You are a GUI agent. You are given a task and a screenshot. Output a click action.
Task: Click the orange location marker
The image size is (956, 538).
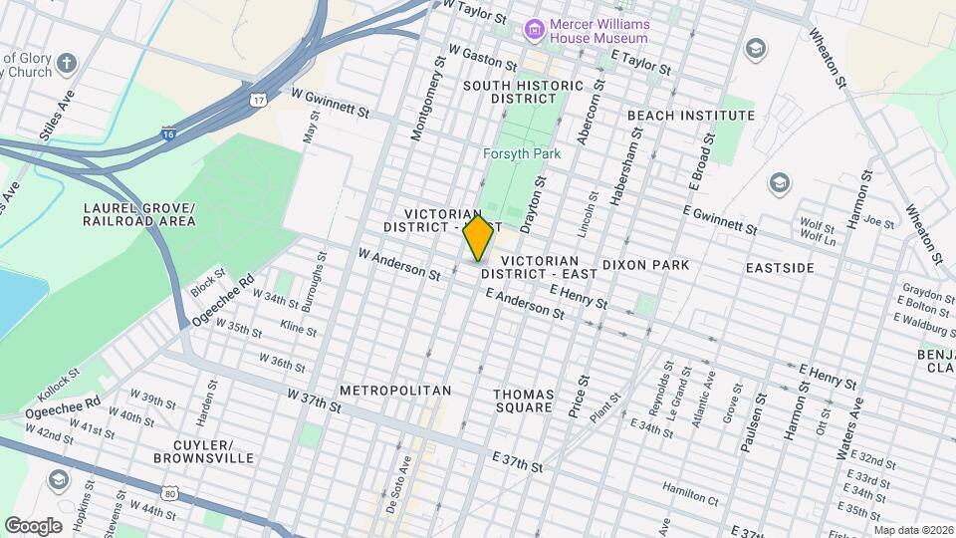pos(478,237)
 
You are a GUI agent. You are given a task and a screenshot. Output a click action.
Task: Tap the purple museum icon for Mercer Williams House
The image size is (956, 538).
pos(535,30)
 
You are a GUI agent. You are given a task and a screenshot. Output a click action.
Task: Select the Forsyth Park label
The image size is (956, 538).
pos(521,153)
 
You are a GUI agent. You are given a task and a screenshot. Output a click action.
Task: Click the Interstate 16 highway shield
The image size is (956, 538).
pos(169,132)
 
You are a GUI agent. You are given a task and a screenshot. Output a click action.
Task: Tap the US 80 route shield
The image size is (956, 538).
pos(171,492)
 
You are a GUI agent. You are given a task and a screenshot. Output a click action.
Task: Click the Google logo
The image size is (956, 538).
pos(32,526)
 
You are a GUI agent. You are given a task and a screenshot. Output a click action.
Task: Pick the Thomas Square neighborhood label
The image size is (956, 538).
pos(523,401)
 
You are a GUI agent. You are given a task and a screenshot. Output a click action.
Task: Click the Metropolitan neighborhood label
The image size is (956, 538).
pos(395,390)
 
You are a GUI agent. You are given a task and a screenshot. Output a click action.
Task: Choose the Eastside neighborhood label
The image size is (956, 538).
pos(780,267)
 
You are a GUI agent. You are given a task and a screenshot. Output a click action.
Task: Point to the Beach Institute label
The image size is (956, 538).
pos(691,116)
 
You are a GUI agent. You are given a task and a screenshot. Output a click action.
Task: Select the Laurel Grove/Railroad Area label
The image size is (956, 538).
pos(139,214)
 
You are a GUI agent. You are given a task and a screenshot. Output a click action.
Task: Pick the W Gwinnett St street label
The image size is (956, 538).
pos(331,93)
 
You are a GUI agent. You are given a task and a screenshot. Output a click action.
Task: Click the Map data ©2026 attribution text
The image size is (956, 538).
pos(913,530)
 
